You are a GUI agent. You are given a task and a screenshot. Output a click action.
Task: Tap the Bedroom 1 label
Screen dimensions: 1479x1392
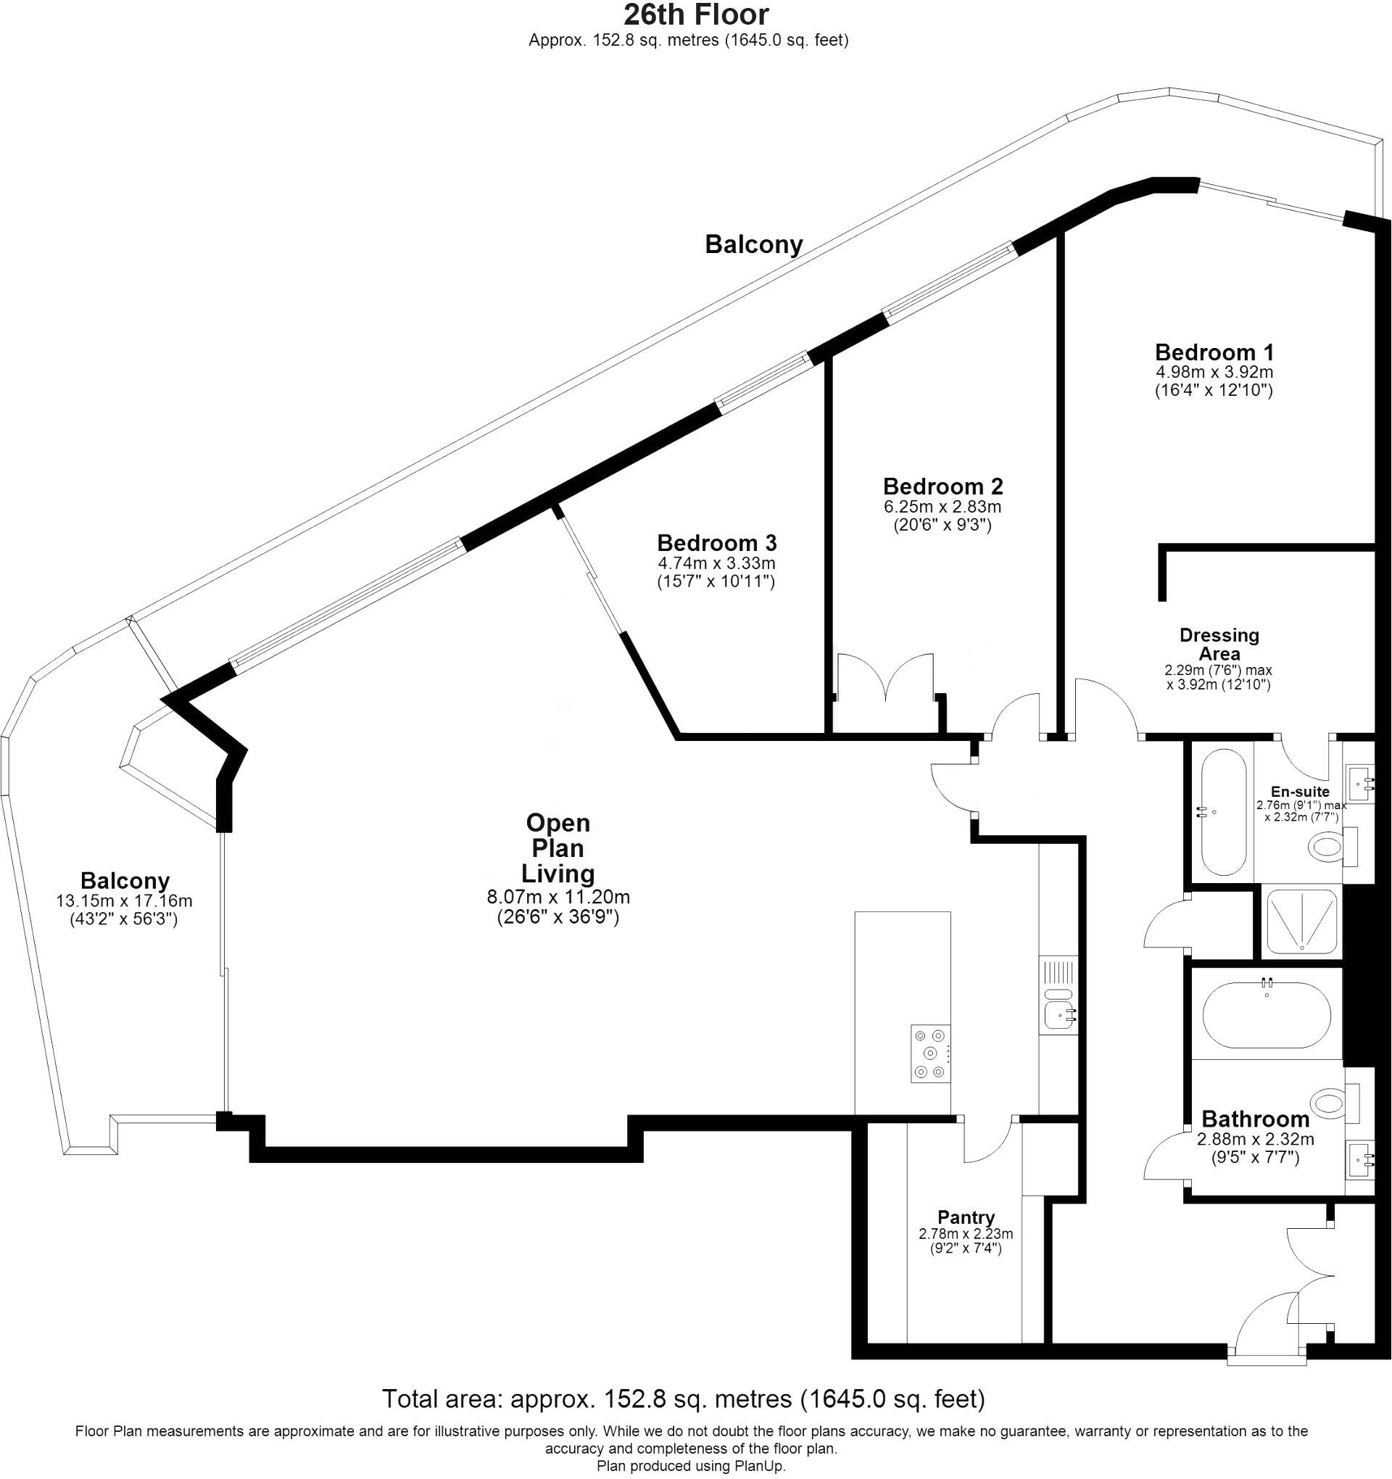pos(1214,352)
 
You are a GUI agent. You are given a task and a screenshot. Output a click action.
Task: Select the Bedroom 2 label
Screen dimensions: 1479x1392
pos(942,486)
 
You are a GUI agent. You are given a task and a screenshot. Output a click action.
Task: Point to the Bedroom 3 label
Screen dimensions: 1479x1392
pos(716,542)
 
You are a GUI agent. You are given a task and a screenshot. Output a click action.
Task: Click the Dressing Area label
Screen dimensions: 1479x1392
pos(1219,645)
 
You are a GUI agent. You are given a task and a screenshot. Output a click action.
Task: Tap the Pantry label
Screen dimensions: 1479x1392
pos(965,1217)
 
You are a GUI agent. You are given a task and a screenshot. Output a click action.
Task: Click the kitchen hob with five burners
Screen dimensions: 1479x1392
pos(930,1053)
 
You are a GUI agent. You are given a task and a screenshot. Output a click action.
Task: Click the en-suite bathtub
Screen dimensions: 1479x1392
pos(1223,812)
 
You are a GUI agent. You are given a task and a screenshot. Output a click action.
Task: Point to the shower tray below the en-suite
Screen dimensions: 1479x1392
pos(1301,921)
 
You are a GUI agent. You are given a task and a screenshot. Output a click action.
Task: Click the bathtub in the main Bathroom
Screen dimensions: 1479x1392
pos(1267,1015)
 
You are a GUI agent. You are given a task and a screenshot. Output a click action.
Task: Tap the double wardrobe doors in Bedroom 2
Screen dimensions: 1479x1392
pos(885,677)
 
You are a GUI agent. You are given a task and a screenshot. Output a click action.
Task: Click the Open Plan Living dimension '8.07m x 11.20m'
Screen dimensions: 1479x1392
pos(558,898)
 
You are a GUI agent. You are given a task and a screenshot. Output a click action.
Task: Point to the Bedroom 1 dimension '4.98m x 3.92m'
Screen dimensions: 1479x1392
pos(1214,371)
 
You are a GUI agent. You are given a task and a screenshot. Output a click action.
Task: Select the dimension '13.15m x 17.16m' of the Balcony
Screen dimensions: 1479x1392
pos(124,901)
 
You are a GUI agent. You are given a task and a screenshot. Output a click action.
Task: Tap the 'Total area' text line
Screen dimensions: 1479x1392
pos(682,1399)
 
